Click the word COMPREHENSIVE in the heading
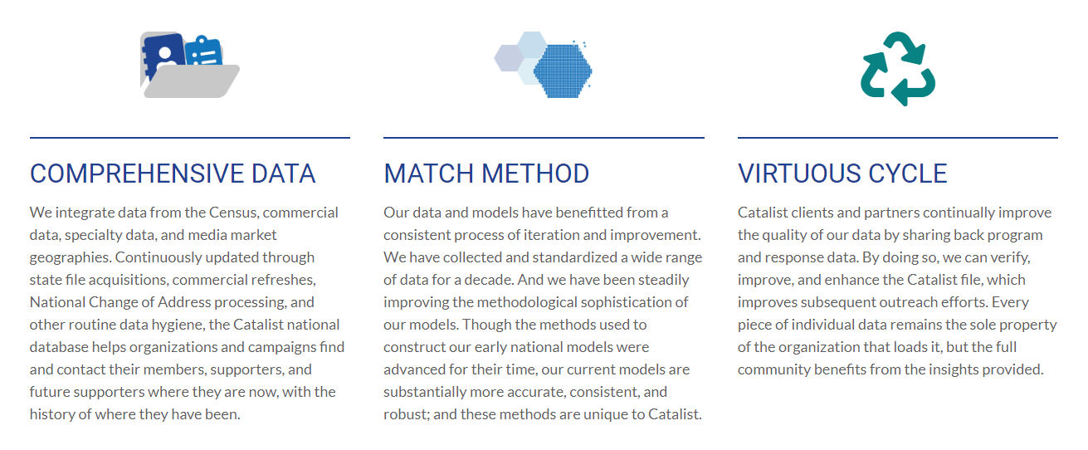[x=136, y=174]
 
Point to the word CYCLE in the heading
[x=907, y=174]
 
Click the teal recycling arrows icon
[x=898, y=69]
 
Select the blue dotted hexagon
[x=563, y=71]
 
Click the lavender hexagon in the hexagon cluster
[x=509, y=58]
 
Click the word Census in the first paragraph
[x=232, y=213]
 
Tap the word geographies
[x=70, y=257]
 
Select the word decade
[x=487, y=280]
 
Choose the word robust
[x=407, y=414]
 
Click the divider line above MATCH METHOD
[x=544, y=138]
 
